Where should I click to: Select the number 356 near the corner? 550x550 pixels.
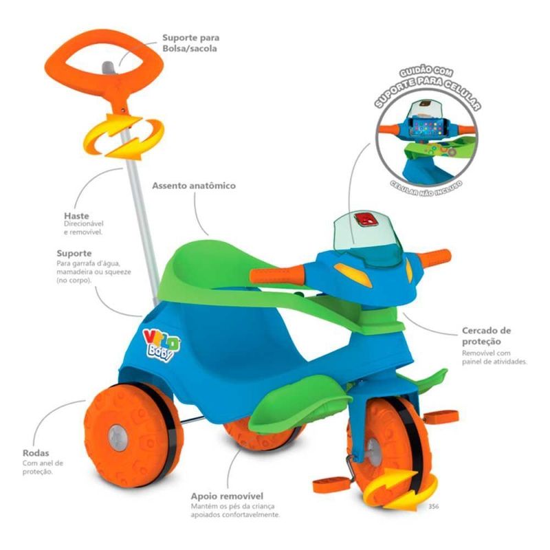click(x=433, y=508)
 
